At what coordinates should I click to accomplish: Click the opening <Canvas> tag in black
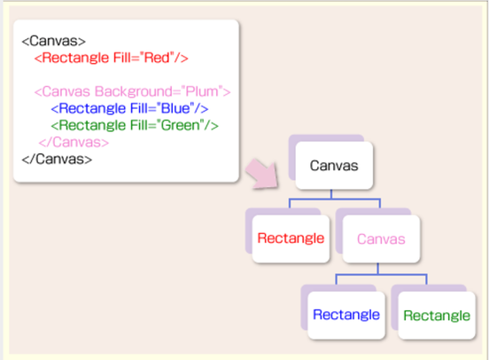(x=53, y=41)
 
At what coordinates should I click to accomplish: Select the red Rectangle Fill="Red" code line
(x=111, y=58)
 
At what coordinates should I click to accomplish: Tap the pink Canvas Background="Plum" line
(x=132, y=91)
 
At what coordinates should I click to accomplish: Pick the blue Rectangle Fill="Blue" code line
(x=129, y=108)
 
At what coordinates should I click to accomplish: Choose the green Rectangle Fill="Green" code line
(x=135, y=125)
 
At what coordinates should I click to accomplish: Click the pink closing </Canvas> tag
(x=74, y=142)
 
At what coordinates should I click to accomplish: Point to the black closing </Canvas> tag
(x=57, y=159)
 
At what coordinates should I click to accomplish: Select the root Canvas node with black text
(x=334, y=166)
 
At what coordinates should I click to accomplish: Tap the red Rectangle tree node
(x=291, y=239)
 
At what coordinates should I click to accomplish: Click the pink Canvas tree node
(x=381, y=239)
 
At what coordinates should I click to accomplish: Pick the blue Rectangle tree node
(x=346, y=315)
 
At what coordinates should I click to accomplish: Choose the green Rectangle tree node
(x=437, y=316)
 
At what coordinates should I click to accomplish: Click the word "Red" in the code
(x=157, y=58)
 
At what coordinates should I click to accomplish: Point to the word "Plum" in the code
(x=202, y=91)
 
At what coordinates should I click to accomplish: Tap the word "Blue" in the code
(x=175, y=108)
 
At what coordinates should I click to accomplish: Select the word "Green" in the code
(x=181, y=125)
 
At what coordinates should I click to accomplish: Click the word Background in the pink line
(x=134, y=91)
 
